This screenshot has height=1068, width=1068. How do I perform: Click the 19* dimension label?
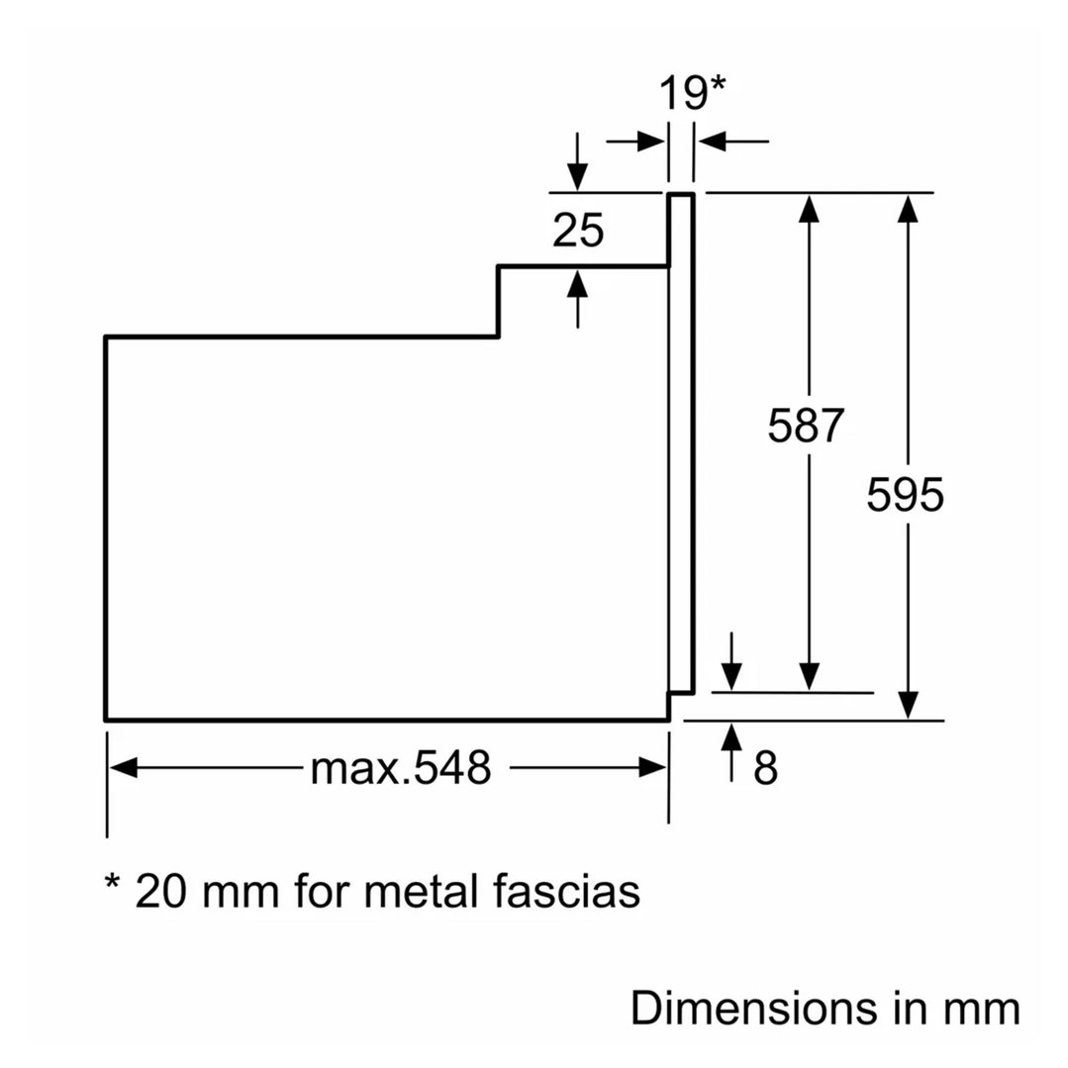[692, 94]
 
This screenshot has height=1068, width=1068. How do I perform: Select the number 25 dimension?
[578, 231]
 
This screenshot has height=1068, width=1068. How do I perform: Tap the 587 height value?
[807, 426]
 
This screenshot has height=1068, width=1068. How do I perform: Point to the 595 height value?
[905, 495]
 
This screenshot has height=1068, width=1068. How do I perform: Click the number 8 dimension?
[765, 768]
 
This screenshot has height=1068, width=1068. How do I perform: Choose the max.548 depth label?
[400, 767]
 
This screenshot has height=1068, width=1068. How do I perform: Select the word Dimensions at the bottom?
[753, 1010]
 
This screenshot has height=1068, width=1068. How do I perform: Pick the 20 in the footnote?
[159, 891]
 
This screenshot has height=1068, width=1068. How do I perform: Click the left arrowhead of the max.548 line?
[122, 767]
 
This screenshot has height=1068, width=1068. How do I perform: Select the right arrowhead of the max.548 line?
[653, 767]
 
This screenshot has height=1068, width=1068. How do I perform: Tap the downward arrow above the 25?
[578, 176]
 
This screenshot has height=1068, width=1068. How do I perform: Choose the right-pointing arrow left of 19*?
[650, 142]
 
